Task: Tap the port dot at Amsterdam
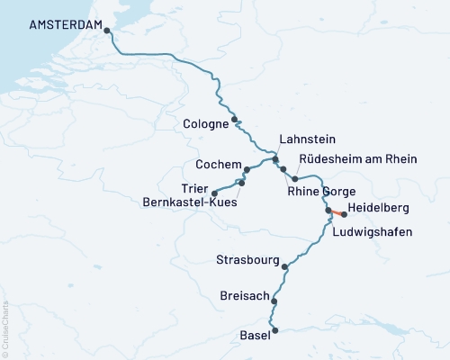[x=108, y=31]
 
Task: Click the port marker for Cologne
[x=235, y=119]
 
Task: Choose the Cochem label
[x=219, y=166]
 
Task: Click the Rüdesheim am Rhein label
[x=357, y=159]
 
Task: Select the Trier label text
[x=195, y=187]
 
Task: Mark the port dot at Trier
[x=214, y=193]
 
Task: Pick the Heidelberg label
[x=384, y=208]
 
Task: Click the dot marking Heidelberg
[x=344, y=215]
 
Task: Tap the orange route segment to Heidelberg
[x=336, y=213]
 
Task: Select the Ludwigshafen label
[x=373, y=232]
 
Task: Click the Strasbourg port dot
[x=285, y=266]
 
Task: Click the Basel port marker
[x=275, y=330]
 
